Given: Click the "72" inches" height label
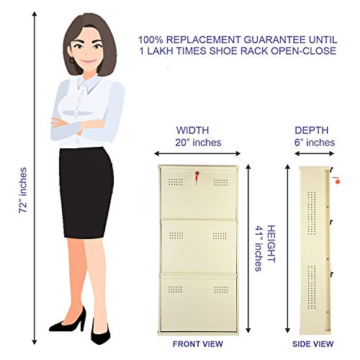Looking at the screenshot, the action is (x=23, y=190).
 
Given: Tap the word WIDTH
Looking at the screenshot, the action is (x=192, y=130).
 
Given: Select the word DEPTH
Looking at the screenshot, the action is (x=311, y=130).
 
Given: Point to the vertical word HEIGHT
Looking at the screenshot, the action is (x=271, y=243).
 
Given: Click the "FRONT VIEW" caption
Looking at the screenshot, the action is (x=198, y=344).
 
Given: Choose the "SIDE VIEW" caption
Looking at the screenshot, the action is (x=312, y=344).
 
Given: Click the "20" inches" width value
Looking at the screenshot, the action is (x=198, y=143).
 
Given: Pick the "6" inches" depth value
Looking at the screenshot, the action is (x=315, y=143).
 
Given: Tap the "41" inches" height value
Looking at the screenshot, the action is (x=258, y=248).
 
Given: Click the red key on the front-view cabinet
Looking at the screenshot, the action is (x=197, y=177).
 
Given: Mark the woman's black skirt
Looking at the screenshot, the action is (x=86, y=192).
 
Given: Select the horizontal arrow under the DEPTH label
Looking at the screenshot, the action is (x=314, y=153).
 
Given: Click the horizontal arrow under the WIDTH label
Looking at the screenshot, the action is (x=197, y=153).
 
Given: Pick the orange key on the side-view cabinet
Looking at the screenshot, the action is (x=336, y=180).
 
